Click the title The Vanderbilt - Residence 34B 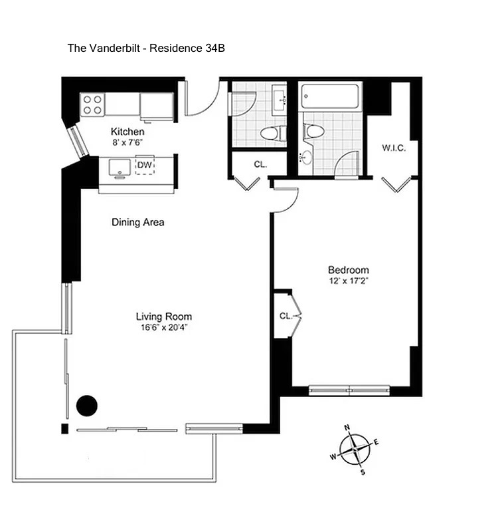click(x=146, y=48)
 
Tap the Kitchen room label click(x=127, y=132)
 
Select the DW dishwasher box click(x=145, y=165)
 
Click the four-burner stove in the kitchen click(x=92, y=104)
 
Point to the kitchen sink click(x=120, y=168)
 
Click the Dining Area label click(x=138, y=222)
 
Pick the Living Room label click(x=164, y=317)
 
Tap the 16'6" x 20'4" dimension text click(x=164, y=327)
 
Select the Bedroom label click(x=349, y=270)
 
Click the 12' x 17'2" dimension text click(x=349, y=281)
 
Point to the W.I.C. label click(x=394, y=148)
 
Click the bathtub click(x=330, y=96)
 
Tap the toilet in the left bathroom click(x=273, y=132)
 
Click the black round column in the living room click(x=87, y=406)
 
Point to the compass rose click(x=355, y=450)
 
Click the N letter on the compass click(x=347, y=428)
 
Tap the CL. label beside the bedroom click(x=286, y=317)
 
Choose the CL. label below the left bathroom click(x=260, y=164)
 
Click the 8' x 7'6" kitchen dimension click(x=127, y=142)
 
